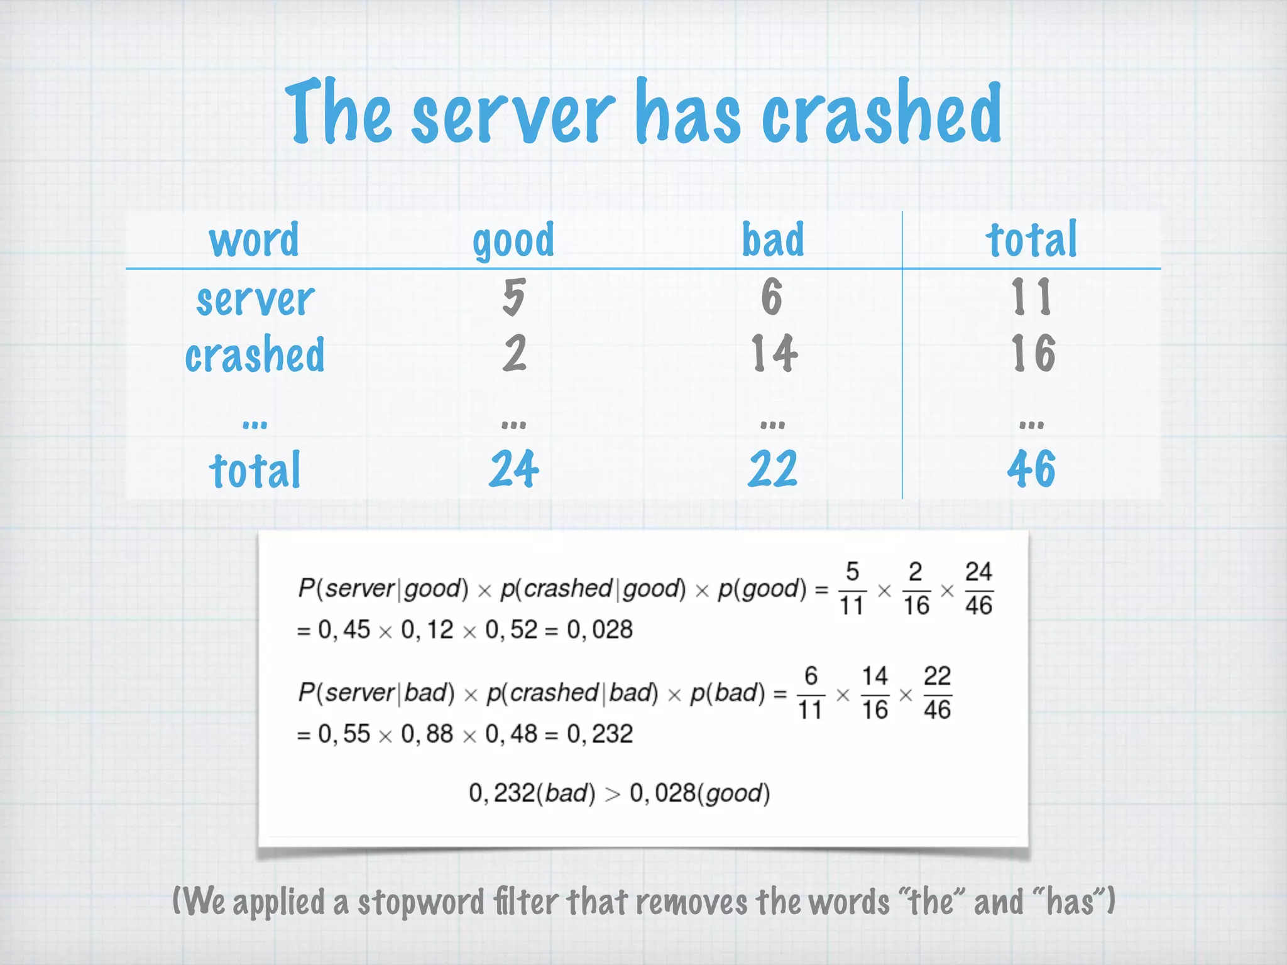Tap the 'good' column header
(513, 241)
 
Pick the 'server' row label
(255, 299)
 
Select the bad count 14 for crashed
(774, 353)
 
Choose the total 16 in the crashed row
(1032, 353)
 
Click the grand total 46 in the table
(1031, 469)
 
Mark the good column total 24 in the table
(513, 469)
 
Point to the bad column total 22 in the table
(772, 469)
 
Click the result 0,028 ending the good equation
(600, 630)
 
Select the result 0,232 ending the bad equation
(600, 734)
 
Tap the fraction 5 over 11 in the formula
(852, 589)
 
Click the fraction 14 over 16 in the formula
(874, 693)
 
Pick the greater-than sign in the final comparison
(612, 794)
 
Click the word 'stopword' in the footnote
(420, 902)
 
